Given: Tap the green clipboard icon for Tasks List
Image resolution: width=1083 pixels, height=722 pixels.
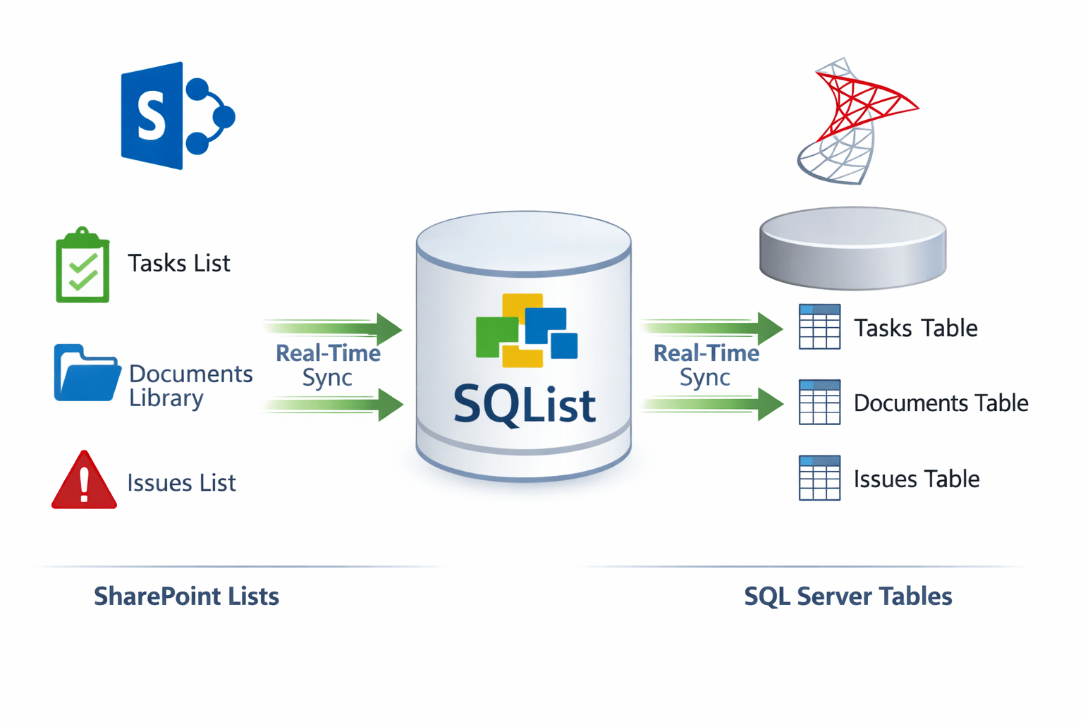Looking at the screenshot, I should coord(82,267).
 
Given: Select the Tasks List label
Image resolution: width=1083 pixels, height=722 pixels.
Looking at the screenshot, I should coord(178,264).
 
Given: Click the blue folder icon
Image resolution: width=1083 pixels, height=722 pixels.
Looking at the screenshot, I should coord(86,373).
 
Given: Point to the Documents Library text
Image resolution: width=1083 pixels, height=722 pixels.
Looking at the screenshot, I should coord(190,386).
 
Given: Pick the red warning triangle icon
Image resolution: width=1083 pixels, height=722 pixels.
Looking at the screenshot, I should coord(84,482).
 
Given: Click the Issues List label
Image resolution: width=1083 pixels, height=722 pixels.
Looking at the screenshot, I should coord(181,483).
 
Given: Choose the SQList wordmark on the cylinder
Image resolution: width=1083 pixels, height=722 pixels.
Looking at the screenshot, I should coord(525,405).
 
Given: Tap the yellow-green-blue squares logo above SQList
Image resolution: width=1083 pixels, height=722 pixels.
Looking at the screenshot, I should coord(526,331).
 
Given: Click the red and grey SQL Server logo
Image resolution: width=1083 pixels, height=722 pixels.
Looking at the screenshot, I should coord(854,121).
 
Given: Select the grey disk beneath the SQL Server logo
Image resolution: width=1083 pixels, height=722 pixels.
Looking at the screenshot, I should coord(852,247).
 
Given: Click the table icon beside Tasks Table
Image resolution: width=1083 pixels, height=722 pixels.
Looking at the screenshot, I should coord(819,327).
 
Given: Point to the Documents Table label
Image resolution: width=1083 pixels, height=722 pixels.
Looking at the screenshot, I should coord(941,403).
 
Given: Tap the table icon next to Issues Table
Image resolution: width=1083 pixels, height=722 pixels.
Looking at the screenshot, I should coord(819,478).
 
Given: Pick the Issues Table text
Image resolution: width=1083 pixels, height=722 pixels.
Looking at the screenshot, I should coord(917,479).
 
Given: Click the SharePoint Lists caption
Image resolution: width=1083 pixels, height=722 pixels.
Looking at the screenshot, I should coord(187,596).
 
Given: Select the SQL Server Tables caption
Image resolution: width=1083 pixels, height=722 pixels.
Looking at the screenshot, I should coord(848,596).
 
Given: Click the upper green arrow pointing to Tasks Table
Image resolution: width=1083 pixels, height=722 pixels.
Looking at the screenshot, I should coord(712,327).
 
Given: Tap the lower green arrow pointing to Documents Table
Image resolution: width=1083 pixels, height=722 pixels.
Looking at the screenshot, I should coord(712,404).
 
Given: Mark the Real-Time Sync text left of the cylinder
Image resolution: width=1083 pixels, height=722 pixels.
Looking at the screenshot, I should coord(328,365).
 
